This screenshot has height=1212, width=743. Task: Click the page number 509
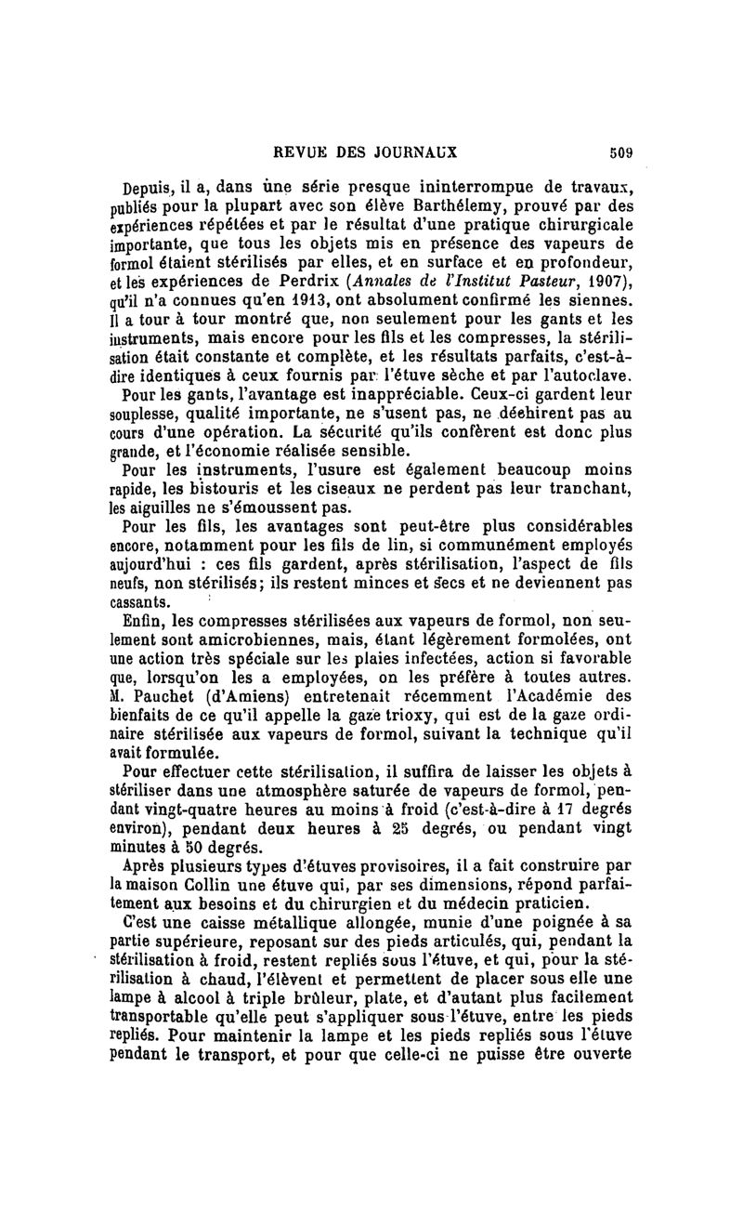(x=619, y=154)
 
